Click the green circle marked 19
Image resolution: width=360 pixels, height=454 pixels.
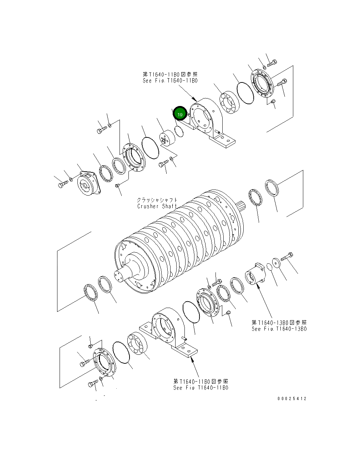coord(180,114)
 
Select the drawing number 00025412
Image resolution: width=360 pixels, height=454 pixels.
coord(291,399)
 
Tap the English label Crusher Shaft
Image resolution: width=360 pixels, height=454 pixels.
coord(157,206)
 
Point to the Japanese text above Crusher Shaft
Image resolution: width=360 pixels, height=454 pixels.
coord(157,200)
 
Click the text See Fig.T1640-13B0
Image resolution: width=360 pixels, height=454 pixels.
coord(279,329)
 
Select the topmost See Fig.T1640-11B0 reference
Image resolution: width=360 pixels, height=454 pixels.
coord(170,81)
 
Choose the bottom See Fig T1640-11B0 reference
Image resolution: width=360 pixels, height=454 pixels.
coord(201,388)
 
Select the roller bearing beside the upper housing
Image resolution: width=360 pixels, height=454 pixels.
coord(229,104)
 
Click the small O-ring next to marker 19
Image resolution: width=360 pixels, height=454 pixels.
coord(179,131)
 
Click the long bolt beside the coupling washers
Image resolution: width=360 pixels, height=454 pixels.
coord(287,256)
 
